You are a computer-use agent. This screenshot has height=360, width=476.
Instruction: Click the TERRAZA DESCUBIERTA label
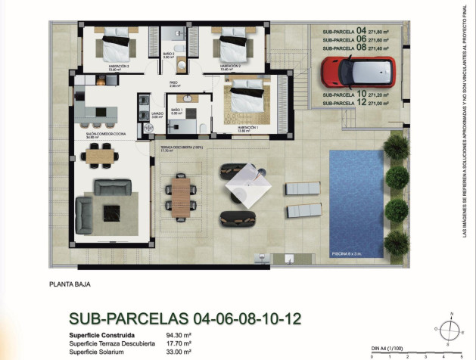click(182, 147)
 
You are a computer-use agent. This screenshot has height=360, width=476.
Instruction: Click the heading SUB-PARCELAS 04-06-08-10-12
click(179, 319)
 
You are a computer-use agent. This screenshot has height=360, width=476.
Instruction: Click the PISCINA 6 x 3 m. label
click(347, 253)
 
